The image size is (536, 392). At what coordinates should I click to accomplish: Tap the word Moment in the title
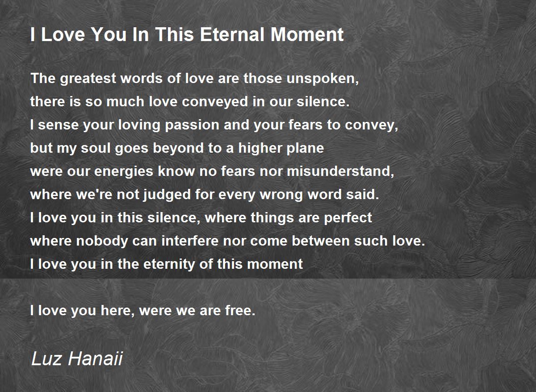pyautogui.click(x=307, y=34)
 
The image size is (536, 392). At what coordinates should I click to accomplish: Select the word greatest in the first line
pyautogui.click(x=88, y=79)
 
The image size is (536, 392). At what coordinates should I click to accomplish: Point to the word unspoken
pyautogui.click(x=322, y=79)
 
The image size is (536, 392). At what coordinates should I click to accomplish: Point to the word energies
pyautogui.click(x=123, y=171)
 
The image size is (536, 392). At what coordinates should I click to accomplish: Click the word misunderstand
pyautogui.click(x=340, y=171)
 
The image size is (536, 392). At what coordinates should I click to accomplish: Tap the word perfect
pyautogui.click(x=348, y=218)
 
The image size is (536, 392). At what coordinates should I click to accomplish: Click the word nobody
pyautogui.click(x=102, y=241)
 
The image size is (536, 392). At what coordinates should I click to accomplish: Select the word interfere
pyautogui.click(x=190, y=241)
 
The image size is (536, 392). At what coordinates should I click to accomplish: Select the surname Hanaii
pyautogui.click(x=96, y=359)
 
